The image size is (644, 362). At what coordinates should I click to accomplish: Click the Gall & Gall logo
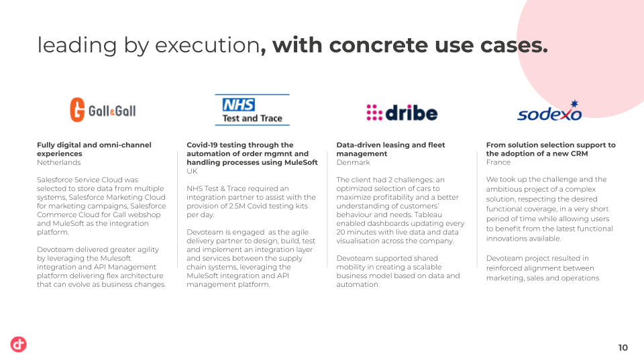pyautogui.click(x=103, y=110)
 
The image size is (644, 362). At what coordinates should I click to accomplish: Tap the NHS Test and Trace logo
pyautogui.click(x=252, y=110)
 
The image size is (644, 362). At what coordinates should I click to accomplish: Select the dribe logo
pyautogui.click(x=402, y=113)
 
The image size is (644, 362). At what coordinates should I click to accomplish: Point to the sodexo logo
pyautogui.click(x=549, y=111)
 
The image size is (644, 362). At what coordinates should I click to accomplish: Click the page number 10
pyautogui.click(x=623, y=348)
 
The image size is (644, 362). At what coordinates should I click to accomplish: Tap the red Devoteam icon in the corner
pyautogui.click(x=19, y=345)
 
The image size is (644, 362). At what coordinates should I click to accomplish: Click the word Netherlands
pyautogui.click(x=59, y=162)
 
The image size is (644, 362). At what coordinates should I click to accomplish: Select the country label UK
pyautogui.click(x=192, y=171)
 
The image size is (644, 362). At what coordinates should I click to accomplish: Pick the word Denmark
pyautogui.click(x=354, y=162)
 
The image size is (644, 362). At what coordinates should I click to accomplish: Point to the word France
pyautogui.click(x=498, y=162)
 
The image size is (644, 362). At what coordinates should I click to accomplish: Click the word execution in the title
pyautogui.click(x=207, y=45)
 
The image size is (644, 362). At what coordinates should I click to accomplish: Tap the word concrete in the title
pyautogui.click(x=379, y=45)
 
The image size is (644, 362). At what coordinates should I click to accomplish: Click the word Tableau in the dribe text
pyautogui.click(x=428, y=215)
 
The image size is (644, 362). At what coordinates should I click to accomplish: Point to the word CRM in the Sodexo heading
pyautogui.click(x=579, y=154)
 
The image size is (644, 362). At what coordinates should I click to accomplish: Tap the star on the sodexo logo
pyautogui.click(x=575, y=103)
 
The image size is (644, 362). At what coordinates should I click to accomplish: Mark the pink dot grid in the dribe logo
pyautogui.click(x=374, y=113)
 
